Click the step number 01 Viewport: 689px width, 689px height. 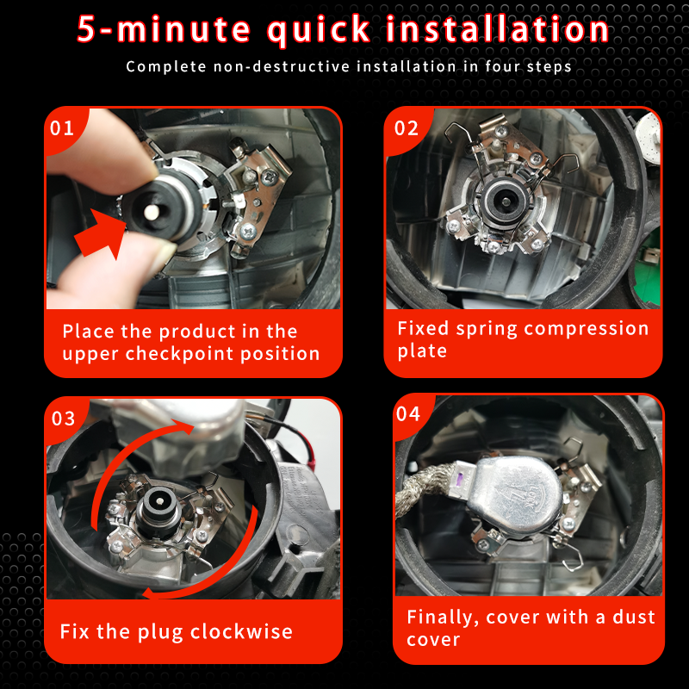coord(62,127)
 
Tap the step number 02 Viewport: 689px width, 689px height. coord(407,127)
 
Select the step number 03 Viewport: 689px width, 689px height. coord(63,419)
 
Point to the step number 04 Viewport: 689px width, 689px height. coord(408,414)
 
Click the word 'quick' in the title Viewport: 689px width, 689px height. coord(319,30)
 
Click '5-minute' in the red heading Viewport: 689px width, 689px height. coord(164,29)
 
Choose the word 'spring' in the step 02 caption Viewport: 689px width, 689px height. coord(486,330)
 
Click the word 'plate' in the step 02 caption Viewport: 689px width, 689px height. coord(422,351)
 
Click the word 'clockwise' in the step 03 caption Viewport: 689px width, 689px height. coord(241,632)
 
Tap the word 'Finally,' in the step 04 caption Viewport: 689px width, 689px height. coord(443,618)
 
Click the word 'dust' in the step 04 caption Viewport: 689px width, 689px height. coord(634,617)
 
